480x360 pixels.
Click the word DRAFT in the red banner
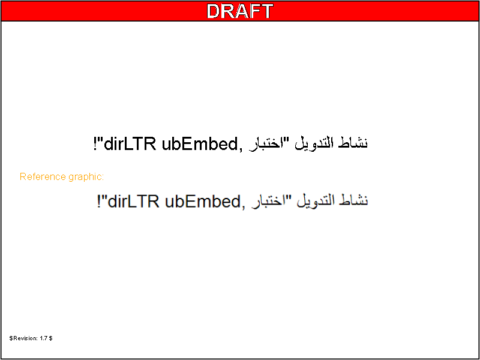click(x=240, y=11)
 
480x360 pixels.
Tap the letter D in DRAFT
click(x=214, y=11)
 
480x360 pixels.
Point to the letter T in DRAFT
click(x=266, y=11)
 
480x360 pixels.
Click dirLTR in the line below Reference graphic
click(x=134, y=202)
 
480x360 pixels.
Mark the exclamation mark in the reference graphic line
click(x=99, y=202)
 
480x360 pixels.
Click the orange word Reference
click(x=43, y=176)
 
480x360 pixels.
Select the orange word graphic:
click(x=86, y=178)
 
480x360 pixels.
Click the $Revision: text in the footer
click(x=24, y=338)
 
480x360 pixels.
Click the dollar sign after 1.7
click(x=51, y=338)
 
